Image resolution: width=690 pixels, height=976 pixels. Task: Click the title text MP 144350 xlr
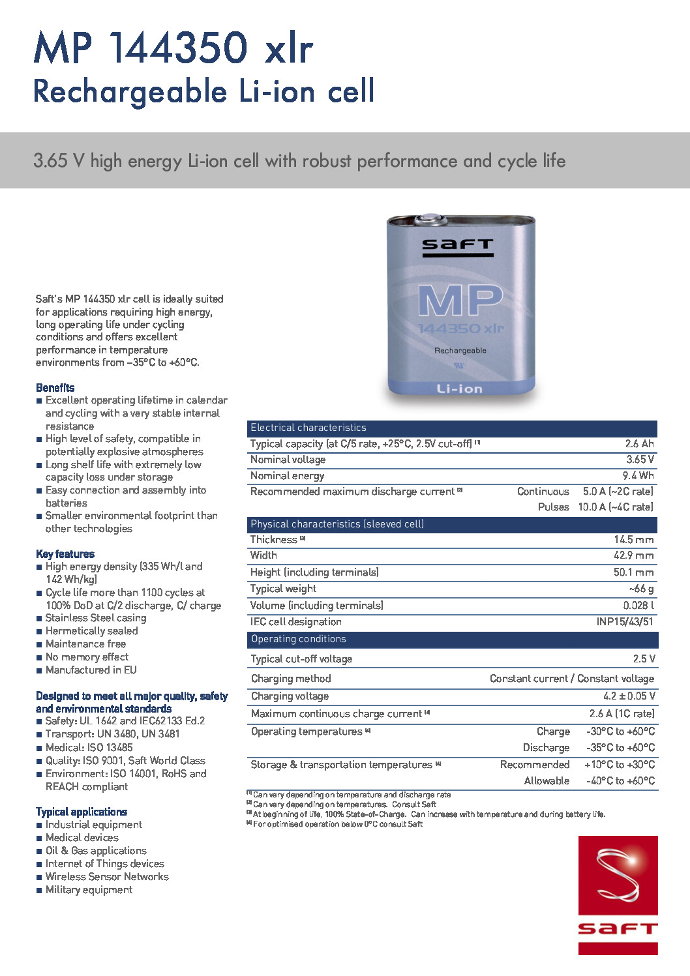(173, 48)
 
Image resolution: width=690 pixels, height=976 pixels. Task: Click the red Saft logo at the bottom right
(618, 895)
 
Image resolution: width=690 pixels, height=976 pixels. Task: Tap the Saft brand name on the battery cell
(457, 246)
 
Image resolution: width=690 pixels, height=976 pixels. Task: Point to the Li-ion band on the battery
(460, 389)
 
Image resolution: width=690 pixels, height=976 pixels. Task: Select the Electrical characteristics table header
(308, 428)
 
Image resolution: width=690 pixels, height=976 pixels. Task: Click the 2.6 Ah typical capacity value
(639, 444)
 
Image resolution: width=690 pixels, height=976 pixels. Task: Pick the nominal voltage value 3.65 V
(640, 460)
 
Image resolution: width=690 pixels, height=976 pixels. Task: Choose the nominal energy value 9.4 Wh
(638, 476)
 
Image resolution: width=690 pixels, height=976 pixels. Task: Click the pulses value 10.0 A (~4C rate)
(615, 507)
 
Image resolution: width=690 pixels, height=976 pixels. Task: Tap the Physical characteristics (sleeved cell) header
(337, 524)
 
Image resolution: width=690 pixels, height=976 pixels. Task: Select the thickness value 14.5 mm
(633, 540)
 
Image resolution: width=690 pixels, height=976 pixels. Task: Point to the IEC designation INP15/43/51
(624, 622)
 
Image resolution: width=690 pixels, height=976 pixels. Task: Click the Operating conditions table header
(299, 639)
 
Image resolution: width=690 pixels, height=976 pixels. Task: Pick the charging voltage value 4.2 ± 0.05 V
(629, 696)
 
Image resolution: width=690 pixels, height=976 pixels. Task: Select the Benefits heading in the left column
(55, 388)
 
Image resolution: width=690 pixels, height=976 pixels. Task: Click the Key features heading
(65, 554)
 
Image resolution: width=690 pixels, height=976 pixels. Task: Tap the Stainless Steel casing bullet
(95, 618)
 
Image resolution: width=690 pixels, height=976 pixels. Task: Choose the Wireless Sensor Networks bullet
(107, 877)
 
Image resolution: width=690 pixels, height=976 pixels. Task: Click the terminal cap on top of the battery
(431, 219)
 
